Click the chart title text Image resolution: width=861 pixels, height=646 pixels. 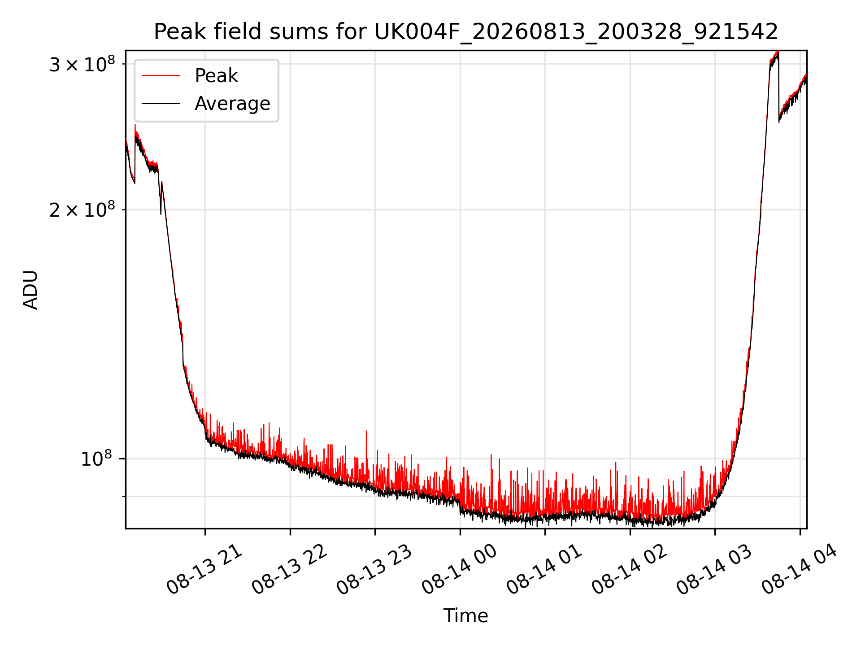[466, 32]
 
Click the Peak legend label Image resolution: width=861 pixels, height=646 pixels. [216, 76]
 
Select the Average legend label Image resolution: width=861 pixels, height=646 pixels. [232, 104]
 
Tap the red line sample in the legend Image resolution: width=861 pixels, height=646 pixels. [161, 76]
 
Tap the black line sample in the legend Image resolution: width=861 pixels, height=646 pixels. [161, 104]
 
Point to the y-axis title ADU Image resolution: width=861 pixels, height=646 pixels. [30, 289]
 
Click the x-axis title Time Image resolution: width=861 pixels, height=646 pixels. [465, 616]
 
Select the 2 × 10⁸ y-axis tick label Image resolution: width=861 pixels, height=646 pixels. [82, 209]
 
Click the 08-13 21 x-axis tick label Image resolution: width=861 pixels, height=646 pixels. [204, 570]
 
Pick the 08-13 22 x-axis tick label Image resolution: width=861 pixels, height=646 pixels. [289, 570]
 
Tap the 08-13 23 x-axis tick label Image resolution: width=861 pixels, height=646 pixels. [374, 570]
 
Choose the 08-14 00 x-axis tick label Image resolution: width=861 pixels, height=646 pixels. [460, 570]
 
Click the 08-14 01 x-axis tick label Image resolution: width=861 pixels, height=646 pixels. [544, 570]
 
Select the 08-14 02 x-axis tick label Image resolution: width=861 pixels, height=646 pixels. [630, 570]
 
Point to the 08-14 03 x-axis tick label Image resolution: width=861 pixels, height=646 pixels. [714, 570]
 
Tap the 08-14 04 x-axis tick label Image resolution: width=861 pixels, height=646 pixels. [800, 570]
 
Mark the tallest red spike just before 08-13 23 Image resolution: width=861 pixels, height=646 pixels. [366, 449]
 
